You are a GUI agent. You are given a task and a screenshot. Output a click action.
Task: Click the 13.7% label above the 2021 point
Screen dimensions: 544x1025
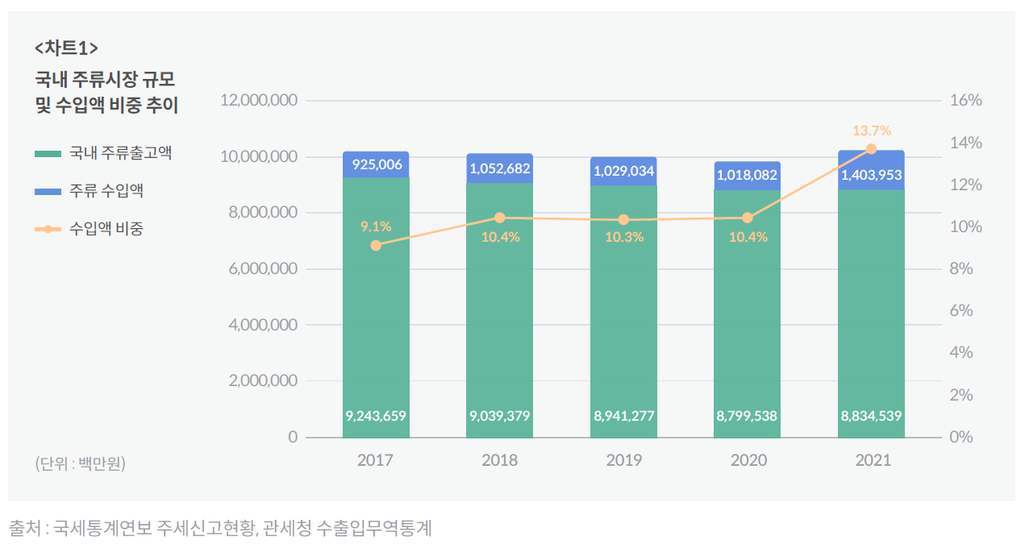(x=871, y=131)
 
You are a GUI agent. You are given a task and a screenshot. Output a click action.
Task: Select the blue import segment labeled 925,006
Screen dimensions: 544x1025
(x=376, y=164)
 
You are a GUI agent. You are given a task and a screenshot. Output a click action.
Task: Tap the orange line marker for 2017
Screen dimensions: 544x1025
(x=376, y=245)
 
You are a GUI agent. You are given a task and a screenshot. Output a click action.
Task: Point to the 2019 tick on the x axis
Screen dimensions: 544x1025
(x=623, y=460)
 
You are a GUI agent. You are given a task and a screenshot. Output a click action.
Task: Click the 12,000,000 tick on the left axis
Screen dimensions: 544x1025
(x=258, y=101)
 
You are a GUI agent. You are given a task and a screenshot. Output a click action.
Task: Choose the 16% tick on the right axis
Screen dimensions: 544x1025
(x=966, y=101)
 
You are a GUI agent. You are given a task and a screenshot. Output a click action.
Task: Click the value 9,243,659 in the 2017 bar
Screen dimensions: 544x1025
(x=376, y=416)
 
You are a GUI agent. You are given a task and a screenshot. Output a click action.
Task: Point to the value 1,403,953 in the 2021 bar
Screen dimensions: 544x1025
(x=871, y=175)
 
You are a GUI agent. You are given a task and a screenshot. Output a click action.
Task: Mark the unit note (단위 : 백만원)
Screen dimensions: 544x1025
(x=80, y=463)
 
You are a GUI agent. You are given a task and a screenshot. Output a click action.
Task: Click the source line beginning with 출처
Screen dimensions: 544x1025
(x=220, y=528)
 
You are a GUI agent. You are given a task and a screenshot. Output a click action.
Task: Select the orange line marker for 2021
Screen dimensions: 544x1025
(x=871, y=149)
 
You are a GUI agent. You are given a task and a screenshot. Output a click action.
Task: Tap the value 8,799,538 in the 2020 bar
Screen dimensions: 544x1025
(x=747, y=416)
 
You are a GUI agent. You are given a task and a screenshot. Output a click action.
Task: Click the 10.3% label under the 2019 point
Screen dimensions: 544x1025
(x=623, y=237)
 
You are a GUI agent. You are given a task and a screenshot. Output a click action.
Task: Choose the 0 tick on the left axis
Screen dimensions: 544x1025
(x=293, y=437)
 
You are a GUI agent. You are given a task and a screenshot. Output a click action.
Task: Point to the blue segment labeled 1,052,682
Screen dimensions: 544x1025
(x=499, y=168)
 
